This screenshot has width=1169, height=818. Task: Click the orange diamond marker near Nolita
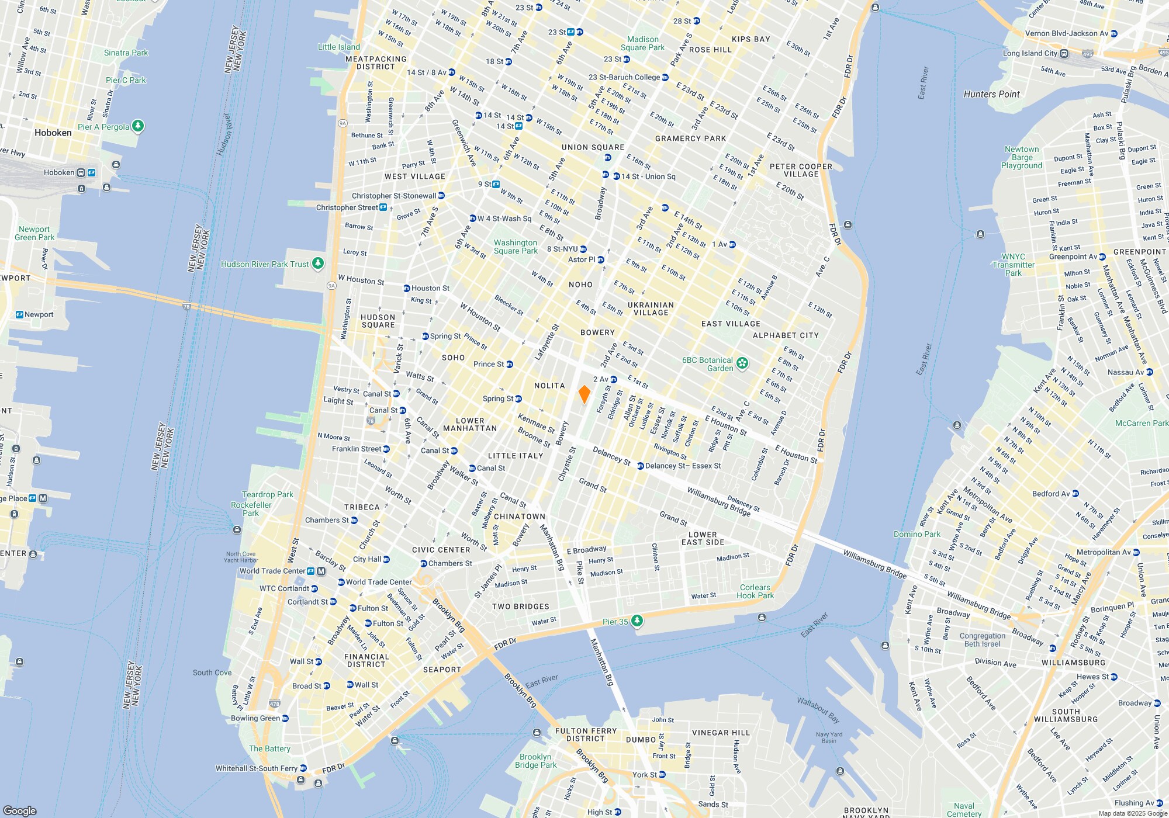[584, 394]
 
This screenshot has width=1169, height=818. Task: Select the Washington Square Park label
[515, 247]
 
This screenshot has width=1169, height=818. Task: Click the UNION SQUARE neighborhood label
[593, 147]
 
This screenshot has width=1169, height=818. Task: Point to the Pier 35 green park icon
[637, 621]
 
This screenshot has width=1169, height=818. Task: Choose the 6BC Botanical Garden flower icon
[742, 363]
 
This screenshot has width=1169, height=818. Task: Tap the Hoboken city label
[53, 133]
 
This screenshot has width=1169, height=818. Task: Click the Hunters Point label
[991, 94]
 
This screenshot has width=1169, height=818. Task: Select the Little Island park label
[339, 47]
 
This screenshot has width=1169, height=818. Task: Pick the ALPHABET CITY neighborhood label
[786, 335]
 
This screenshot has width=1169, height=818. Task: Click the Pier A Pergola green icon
[138, 126]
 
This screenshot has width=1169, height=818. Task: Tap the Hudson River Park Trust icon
[317, 264]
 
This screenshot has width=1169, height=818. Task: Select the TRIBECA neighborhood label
[362, 507]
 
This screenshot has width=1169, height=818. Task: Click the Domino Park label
[917, 534]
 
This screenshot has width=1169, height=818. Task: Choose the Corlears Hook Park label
[755, 591]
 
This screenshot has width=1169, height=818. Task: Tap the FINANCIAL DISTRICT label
[366, 660]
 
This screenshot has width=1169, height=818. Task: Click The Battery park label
[269, 748]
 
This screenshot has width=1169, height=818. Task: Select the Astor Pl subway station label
[582, 259]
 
